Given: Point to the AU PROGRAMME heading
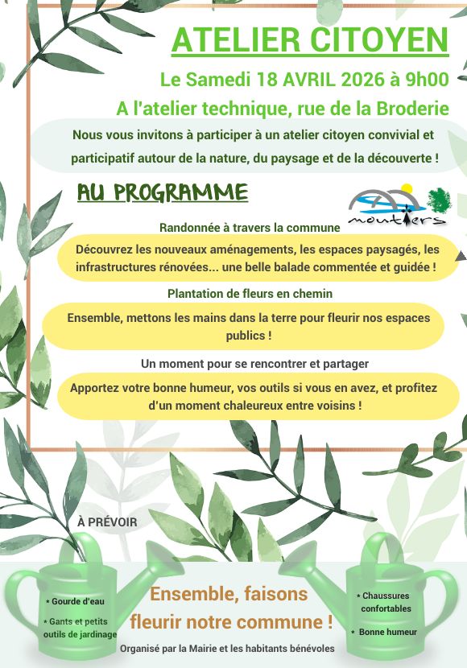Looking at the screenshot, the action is point(162,192).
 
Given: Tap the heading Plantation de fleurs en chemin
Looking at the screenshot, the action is point(250,294).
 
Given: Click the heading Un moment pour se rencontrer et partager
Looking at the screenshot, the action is point(254,364).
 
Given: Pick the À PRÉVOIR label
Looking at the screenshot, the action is point(107,522).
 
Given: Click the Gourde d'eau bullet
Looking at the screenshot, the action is point(76,601).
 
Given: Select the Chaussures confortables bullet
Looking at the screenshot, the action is point(385,602).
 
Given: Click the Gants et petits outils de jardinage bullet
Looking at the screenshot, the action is point(80,628).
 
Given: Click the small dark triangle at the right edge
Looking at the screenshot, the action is point(461,255).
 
